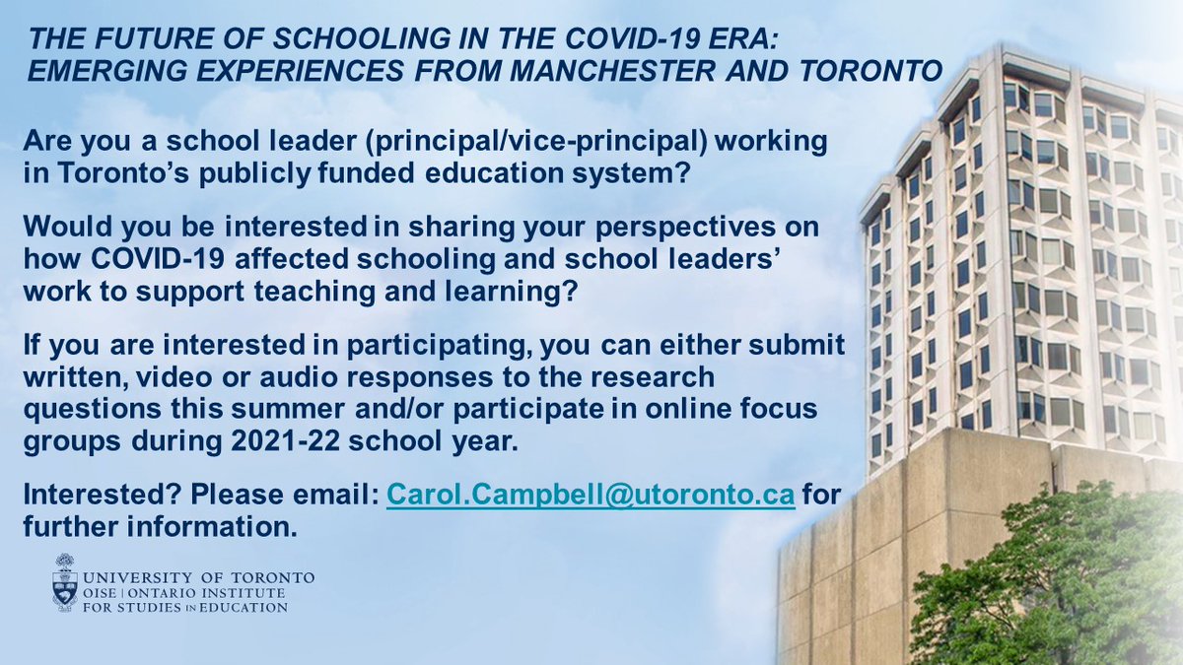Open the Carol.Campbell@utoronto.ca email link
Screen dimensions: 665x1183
[x=590, y=494]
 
